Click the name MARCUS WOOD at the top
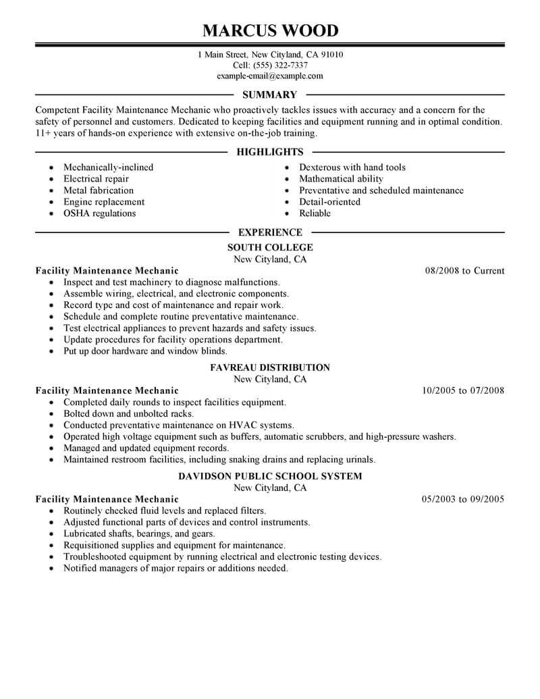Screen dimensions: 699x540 point(270,31)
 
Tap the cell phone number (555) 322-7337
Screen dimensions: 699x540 point(279,66)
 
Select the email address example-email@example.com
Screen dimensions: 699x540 point(270,76)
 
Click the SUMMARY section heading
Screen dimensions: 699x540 point(270,95)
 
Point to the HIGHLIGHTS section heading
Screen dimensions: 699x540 point(270,153)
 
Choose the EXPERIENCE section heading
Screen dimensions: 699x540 point(270,233)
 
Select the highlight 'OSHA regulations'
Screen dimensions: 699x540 point(99,213)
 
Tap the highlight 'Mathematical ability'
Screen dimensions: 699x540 point(341,179)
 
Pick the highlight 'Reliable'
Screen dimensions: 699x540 point(315,213)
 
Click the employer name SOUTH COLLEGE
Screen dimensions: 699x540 point(270,248)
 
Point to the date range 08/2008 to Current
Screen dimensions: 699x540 point(464,271)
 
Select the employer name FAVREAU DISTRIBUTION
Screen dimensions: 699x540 point(270,368)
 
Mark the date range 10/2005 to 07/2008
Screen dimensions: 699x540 point(463,391)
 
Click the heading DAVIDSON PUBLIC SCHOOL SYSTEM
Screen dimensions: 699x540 point(270,477)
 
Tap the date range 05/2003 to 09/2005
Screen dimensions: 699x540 point(463,500)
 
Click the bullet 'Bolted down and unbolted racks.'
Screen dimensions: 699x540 point(128,414)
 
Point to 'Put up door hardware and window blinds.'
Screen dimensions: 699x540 point(145,351)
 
